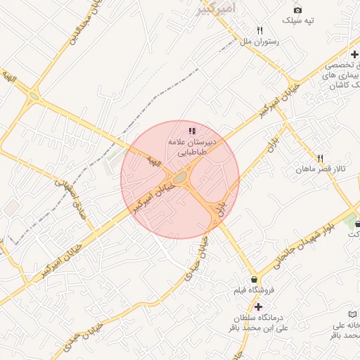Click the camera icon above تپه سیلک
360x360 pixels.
pyautogui.click(x=297, y=10)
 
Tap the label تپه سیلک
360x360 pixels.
pyautogui.click(x=297, y=21)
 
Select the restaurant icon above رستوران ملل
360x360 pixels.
pyautogui.click(x=260, y=31)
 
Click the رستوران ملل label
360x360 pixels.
pyautogui.click(x=260, y=42)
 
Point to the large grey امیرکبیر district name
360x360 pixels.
pyautogui.click(x=214, y=8)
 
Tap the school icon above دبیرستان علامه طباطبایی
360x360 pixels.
pyautogui.click(x=192, y=131)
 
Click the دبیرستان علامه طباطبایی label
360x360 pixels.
pyautogui.click(x=192, y=146)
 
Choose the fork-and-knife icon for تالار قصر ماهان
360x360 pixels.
pyautogui.click(x=321, y=158)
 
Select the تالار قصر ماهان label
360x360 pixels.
pyautogui.click(x=322, y=169)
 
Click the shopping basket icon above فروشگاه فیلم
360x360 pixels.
pyautogui.click(x=254, y=279)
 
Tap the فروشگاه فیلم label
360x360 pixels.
pyautogui.click(x=254, y=290)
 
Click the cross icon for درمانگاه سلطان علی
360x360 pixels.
pyautogui.click(x=258, y=307)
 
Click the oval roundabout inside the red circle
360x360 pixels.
pyautogui.click(x=181, y=177)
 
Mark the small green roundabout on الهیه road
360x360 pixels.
pyautogui.click(x=33, y=96)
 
